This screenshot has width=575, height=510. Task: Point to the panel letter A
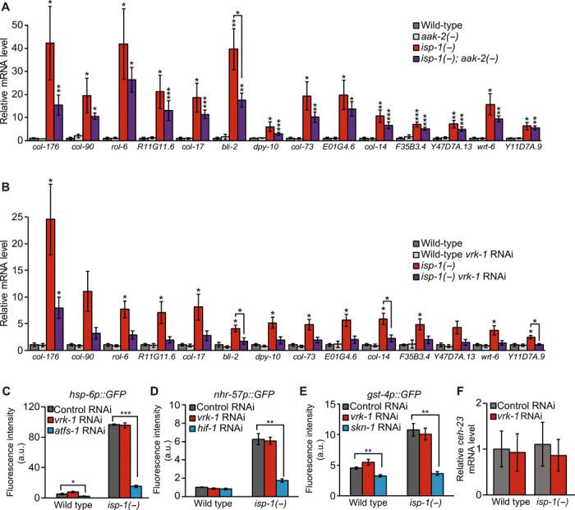[x=7, y=7]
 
